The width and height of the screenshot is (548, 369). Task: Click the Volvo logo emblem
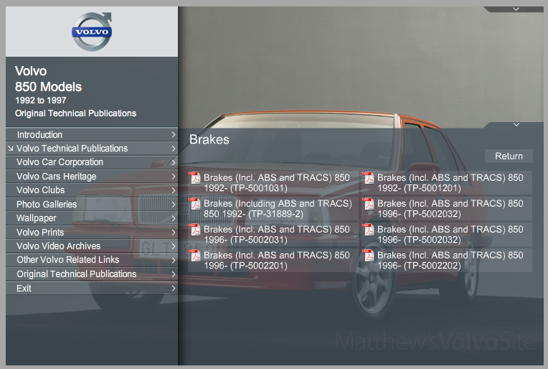(x=92, y=32)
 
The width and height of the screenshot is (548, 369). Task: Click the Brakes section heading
(x=209, y=139)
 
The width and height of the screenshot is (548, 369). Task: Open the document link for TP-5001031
(x=277, y=183)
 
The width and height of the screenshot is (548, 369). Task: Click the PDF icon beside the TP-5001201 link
(x=369, y=178)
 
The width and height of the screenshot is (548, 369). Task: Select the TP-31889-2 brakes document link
(x=277, y=209)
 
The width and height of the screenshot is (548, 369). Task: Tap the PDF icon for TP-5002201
(x=195, y=256)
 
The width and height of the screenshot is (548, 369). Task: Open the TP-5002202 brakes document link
(x=450, y=261)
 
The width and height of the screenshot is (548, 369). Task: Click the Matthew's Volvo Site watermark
(x=435, y=340)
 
